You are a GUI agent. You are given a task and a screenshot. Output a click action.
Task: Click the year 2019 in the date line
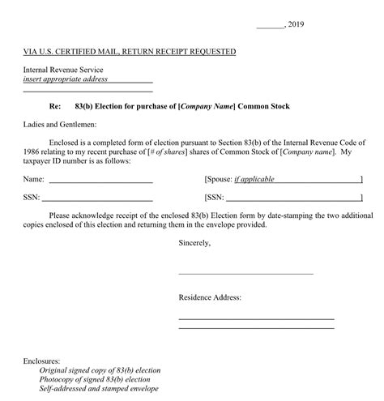click(x=296, y=24)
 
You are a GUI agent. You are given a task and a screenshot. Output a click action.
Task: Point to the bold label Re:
click(x=55, y=107)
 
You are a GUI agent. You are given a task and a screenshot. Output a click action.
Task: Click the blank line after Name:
click(x=100, y=179)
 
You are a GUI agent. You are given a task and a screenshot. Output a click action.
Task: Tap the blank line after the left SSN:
click(x=97, y=197)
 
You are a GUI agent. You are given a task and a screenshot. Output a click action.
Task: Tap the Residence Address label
click(x=210, y=298)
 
